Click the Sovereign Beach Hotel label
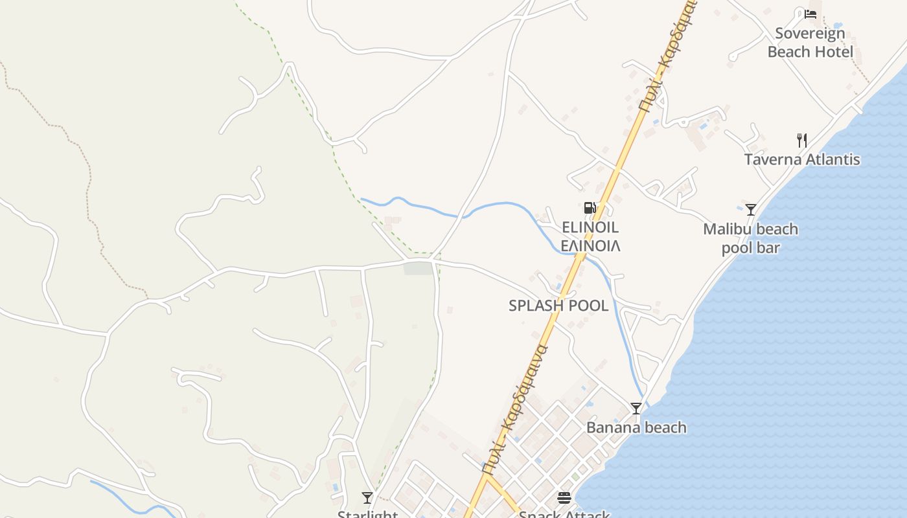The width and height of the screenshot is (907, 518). (x=810, y=42)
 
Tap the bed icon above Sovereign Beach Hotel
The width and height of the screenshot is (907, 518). (x=810, y=14)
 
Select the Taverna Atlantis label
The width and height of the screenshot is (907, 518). (x=802, y=159)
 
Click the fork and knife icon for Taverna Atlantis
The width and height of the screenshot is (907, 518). (x=802, y=140)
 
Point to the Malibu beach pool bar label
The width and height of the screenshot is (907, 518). (x=750, y=238)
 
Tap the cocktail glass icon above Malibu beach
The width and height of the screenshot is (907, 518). (x=751, y=210)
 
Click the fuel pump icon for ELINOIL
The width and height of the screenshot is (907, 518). (x=590, y=208)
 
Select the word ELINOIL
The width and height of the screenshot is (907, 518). (x=590, y=227)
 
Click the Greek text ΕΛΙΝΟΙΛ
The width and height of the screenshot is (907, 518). (x=590, y=246)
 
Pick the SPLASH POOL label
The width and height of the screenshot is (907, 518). (x=558, y=306)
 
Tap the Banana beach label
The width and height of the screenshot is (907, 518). (x=636, y=427)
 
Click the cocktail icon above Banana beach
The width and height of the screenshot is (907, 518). (x=636, y=409)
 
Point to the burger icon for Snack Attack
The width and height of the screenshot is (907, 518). (x=564, y=498)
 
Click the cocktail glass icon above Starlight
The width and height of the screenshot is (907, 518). (x=367, y=498)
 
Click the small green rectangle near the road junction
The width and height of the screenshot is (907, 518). (x=418, y=267)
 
